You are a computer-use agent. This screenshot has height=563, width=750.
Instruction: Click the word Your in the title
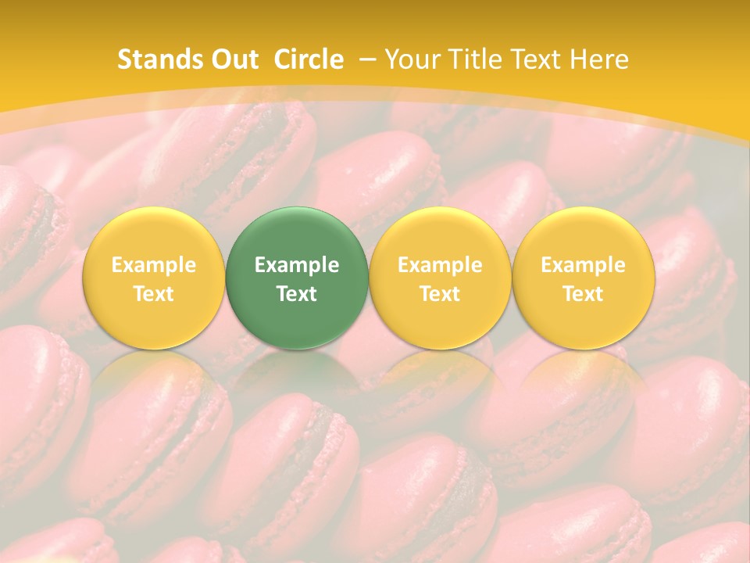pyautogui.click(x=411, y=59)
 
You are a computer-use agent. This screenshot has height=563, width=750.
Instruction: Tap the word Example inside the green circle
pyautogui.click(x=297, y=265)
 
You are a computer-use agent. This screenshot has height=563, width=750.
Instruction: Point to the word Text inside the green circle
pyautogui.click(x=297, y=294)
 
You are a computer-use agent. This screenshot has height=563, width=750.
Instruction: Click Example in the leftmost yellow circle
pyautogui.click(x=154, y=265)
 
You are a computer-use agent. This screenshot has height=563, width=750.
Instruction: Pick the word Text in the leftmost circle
pyautogui.click(x=154, y=294)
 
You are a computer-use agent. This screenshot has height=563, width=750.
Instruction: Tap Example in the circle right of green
pyautogui.click(x=440, y=265)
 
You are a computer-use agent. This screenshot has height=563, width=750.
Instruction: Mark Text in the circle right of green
pyautogui.click(x=440, y=294)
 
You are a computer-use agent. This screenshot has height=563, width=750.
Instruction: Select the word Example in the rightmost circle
pyautogui.click(x=584, y=265)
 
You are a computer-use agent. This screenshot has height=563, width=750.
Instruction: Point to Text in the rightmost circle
pyautogui.click(x=584, y=294)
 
